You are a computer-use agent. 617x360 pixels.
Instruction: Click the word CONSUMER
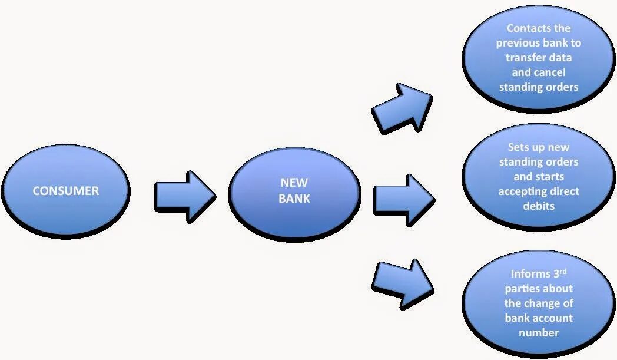pos(65,191)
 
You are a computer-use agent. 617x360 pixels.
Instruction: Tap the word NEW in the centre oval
pos(294,183)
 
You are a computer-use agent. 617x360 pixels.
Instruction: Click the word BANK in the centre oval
pos(294,199)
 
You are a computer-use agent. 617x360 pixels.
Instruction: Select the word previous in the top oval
pos(520,43)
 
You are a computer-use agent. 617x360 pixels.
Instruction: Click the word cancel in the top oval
pos(550,72)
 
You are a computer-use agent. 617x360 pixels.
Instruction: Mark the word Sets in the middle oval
pos(519,147)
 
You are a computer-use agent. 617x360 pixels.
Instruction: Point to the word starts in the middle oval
pos(548,177)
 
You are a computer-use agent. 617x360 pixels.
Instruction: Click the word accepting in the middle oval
pos(523,191)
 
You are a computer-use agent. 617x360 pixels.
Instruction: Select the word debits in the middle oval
pos(539,206)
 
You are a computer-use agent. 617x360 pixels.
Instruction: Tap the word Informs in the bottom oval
pos(529,275)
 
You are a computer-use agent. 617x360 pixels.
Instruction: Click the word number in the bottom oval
pos(539,333)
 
